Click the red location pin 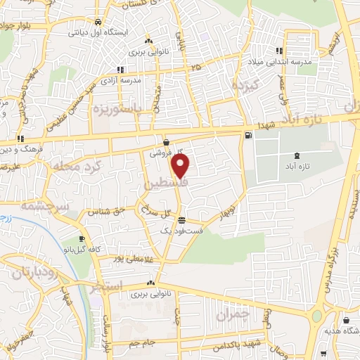point(181,167)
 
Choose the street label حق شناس point(103,210)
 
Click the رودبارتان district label point(29,271)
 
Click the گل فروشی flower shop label point(167,151)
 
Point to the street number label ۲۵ point(195,67)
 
